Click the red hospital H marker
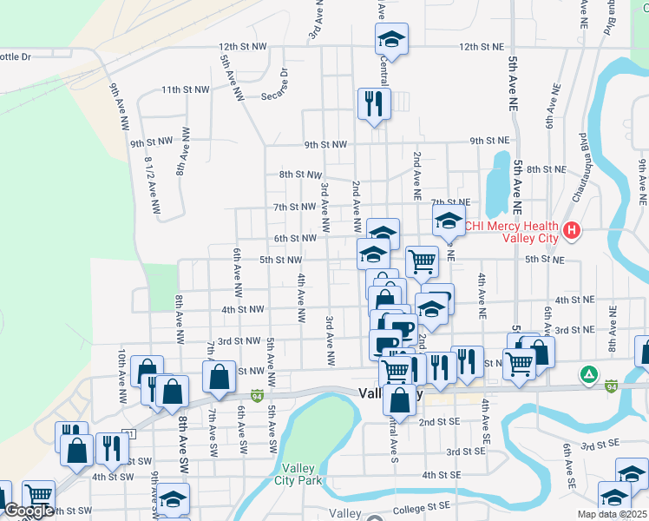pos(571,230)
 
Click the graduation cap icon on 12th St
pos(391,38)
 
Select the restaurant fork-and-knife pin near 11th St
pos(374,103)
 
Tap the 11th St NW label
pos(185,89)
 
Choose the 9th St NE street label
pos(490,140)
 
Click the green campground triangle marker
pos(589,374)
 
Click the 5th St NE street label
pos(544,260)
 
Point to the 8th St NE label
pos(546,168)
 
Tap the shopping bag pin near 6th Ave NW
pos(219,376)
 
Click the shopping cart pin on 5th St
pos(422,260)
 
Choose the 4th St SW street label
pos(113,477)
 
